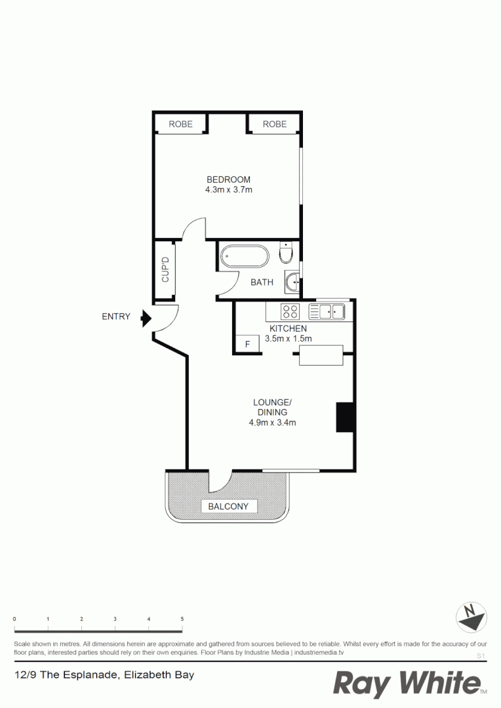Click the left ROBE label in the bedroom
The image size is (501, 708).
pyautogui.click(x=180, y=124)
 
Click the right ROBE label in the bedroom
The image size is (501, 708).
pyautogui.click(x=275, y=124)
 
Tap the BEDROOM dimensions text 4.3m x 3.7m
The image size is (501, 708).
pyautogui.click(x=228, y=190)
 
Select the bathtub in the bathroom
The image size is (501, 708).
pyautogui.click(x=244, y=256)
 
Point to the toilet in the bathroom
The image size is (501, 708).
pyautogui.click(x=287, y=252)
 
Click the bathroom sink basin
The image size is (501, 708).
pyautogui.click(x=292, y=283)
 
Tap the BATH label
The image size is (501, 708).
pyautogui.click(x=262, y=283)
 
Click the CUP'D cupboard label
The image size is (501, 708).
pyautogui.click(x=166, y=269)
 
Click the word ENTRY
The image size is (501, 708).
pyautogui.click(x=116, y=317)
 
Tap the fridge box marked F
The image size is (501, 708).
pyautogui.click(x=247, y=344)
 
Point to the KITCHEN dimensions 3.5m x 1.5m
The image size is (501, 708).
pyautogui.click(x=287, y=339)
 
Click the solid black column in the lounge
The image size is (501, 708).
pyautogui.click(x=345, y=417)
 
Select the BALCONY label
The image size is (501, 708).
pyautogui.click(x=228, y=506)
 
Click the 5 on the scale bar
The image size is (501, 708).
pyautogui.click(x=182, y=619)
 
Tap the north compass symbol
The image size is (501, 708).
pyautogui.click(x=470, y=617)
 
